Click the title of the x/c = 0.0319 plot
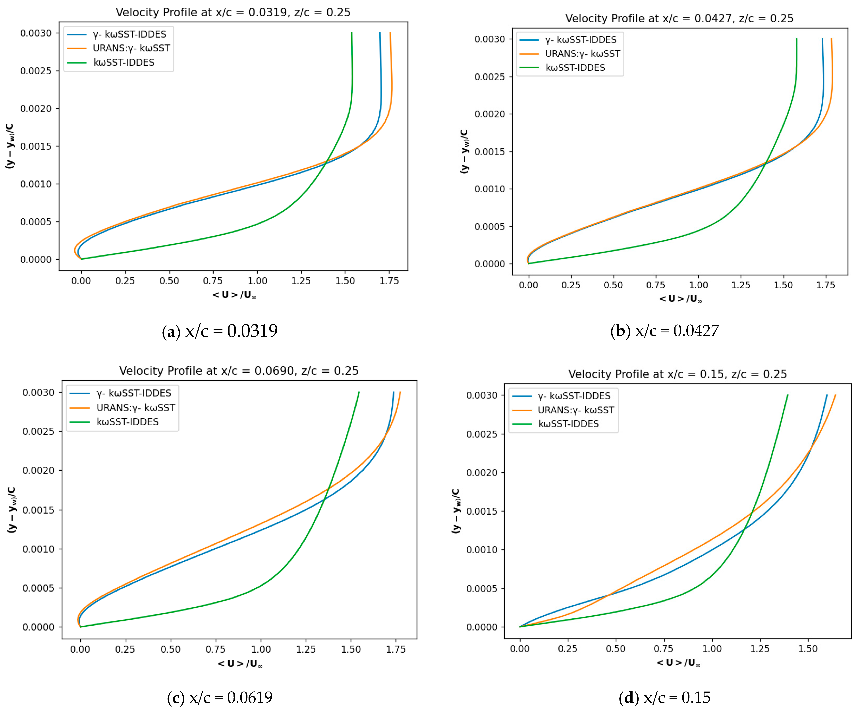pyautogui.click(x=233, y=12)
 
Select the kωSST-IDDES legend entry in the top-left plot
pyautogui.click(x=124, y=62)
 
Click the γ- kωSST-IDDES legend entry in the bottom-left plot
pyautogui.click(x=133, y=393)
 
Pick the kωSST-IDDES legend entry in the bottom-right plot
pyautogui.click(x=568, y=424)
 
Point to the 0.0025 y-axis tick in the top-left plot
pyautogui.click(x=36, y=71)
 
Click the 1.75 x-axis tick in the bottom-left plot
pyautogui.click(x=396, y=649)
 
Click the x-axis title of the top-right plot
pyautogui.click(x=680, y=299)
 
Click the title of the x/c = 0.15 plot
pyautogui.click(x=677, y=374)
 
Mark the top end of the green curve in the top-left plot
pyautogui.click(x=352, y=33)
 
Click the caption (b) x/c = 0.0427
pyautogui.click(x=664, y=331)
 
